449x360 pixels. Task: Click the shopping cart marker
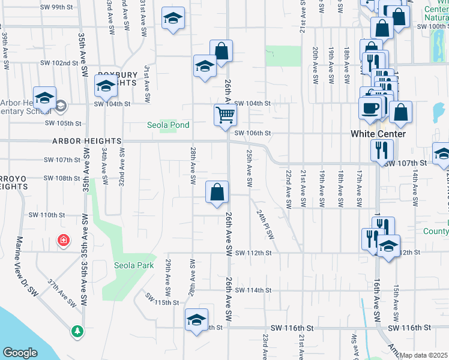225,114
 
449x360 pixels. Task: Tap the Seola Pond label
169,125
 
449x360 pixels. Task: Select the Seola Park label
134,265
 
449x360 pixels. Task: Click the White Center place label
378,134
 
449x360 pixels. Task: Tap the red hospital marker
62,241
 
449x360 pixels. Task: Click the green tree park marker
77,331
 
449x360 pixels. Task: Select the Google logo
20,353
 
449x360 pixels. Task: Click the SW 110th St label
46,215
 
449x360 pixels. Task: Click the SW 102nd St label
59,63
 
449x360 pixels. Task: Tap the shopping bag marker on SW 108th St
217,193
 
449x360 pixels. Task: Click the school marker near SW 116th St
196,321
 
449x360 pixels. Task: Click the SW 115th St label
167,303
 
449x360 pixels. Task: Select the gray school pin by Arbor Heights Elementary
61,106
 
